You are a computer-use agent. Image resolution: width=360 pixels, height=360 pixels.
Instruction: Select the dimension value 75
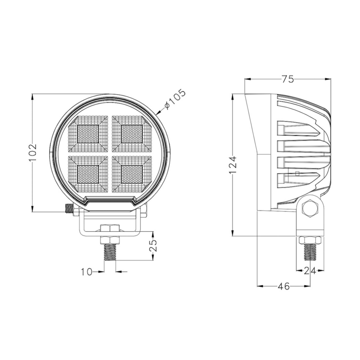(x=288, y=80)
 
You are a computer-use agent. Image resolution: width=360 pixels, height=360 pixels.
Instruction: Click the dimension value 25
(x=153, y=246)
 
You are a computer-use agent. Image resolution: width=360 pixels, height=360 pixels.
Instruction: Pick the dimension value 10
(x=86, y=271)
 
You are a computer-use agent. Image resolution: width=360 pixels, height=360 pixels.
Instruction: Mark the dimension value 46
(x=283, y=286)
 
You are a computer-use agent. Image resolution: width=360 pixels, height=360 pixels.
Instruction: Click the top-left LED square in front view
(x=88, y=133)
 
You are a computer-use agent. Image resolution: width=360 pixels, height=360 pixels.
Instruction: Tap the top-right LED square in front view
(x=132, y=133)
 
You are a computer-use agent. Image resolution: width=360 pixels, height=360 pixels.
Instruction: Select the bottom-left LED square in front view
(x=88, y=174)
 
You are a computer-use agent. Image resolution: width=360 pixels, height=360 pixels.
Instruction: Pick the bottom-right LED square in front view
(x=132, y=174)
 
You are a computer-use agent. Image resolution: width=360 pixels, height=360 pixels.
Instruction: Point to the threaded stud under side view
(x=309, y=252)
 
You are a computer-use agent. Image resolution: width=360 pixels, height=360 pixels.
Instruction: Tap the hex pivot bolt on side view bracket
(x=310, y=208)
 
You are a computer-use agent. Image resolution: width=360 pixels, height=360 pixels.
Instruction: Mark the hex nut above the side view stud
(x=309, y=239)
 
